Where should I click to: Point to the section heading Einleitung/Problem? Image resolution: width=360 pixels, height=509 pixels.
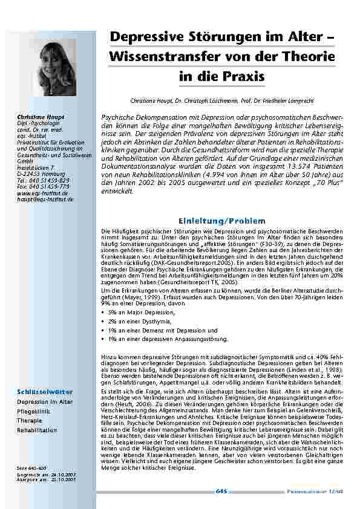(215, 221)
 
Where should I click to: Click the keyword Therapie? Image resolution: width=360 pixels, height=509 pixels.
(30, 420)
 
